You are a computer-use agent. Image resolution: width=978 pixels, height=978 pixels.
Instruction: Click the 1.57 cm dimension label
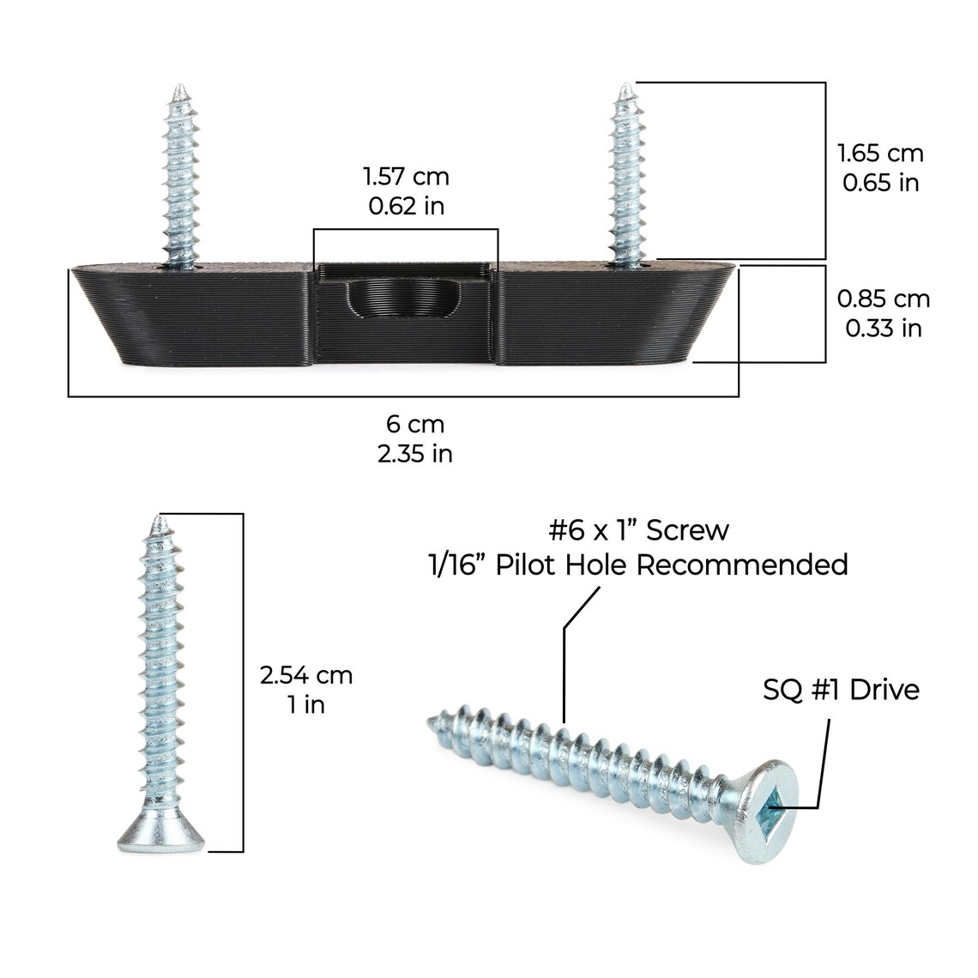[x=406, y=177]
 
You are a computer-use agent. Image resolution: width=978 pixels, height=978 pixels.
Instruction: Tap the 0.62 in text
[x=406, y=206]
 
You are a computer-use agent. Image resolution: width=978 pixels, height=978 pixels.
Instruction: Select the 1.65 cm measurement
[x=880, y=154]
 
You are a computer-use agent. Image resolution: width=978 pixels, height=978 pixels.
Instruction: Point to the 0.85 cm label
[x=884, y=299]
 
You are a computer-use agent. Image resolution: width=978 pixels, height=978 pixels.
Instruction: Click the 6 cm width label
[x=414, y=424]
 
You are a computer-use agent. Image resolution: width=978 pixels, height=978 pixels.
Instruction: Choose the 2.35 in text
[x=414, y=453]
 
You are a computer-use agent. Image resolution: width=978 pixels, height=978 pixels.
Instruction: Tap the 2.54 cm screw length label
[x=306, y=675]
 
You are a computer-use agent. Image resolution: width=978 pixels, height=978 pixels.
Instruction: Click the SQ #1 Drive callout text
[x=841, y=690]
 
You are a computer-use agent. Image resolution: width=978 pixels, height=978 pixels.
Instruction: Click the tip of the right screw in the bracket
[x=626, y=88]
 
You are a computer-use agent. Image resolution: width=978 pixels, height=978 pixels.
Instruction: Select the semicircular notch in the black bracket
[x=406, y=300]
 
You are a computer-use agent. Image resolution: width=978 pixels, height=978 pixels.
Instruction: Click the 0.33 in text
[x=884, y=328]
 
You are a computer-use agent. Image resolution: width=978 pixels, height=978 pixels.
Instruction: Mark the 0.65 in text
[x=880, y=183]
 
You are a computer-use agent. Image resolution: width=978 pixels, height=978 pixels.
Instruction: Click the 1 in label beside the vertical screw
[x=306, y=704]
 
